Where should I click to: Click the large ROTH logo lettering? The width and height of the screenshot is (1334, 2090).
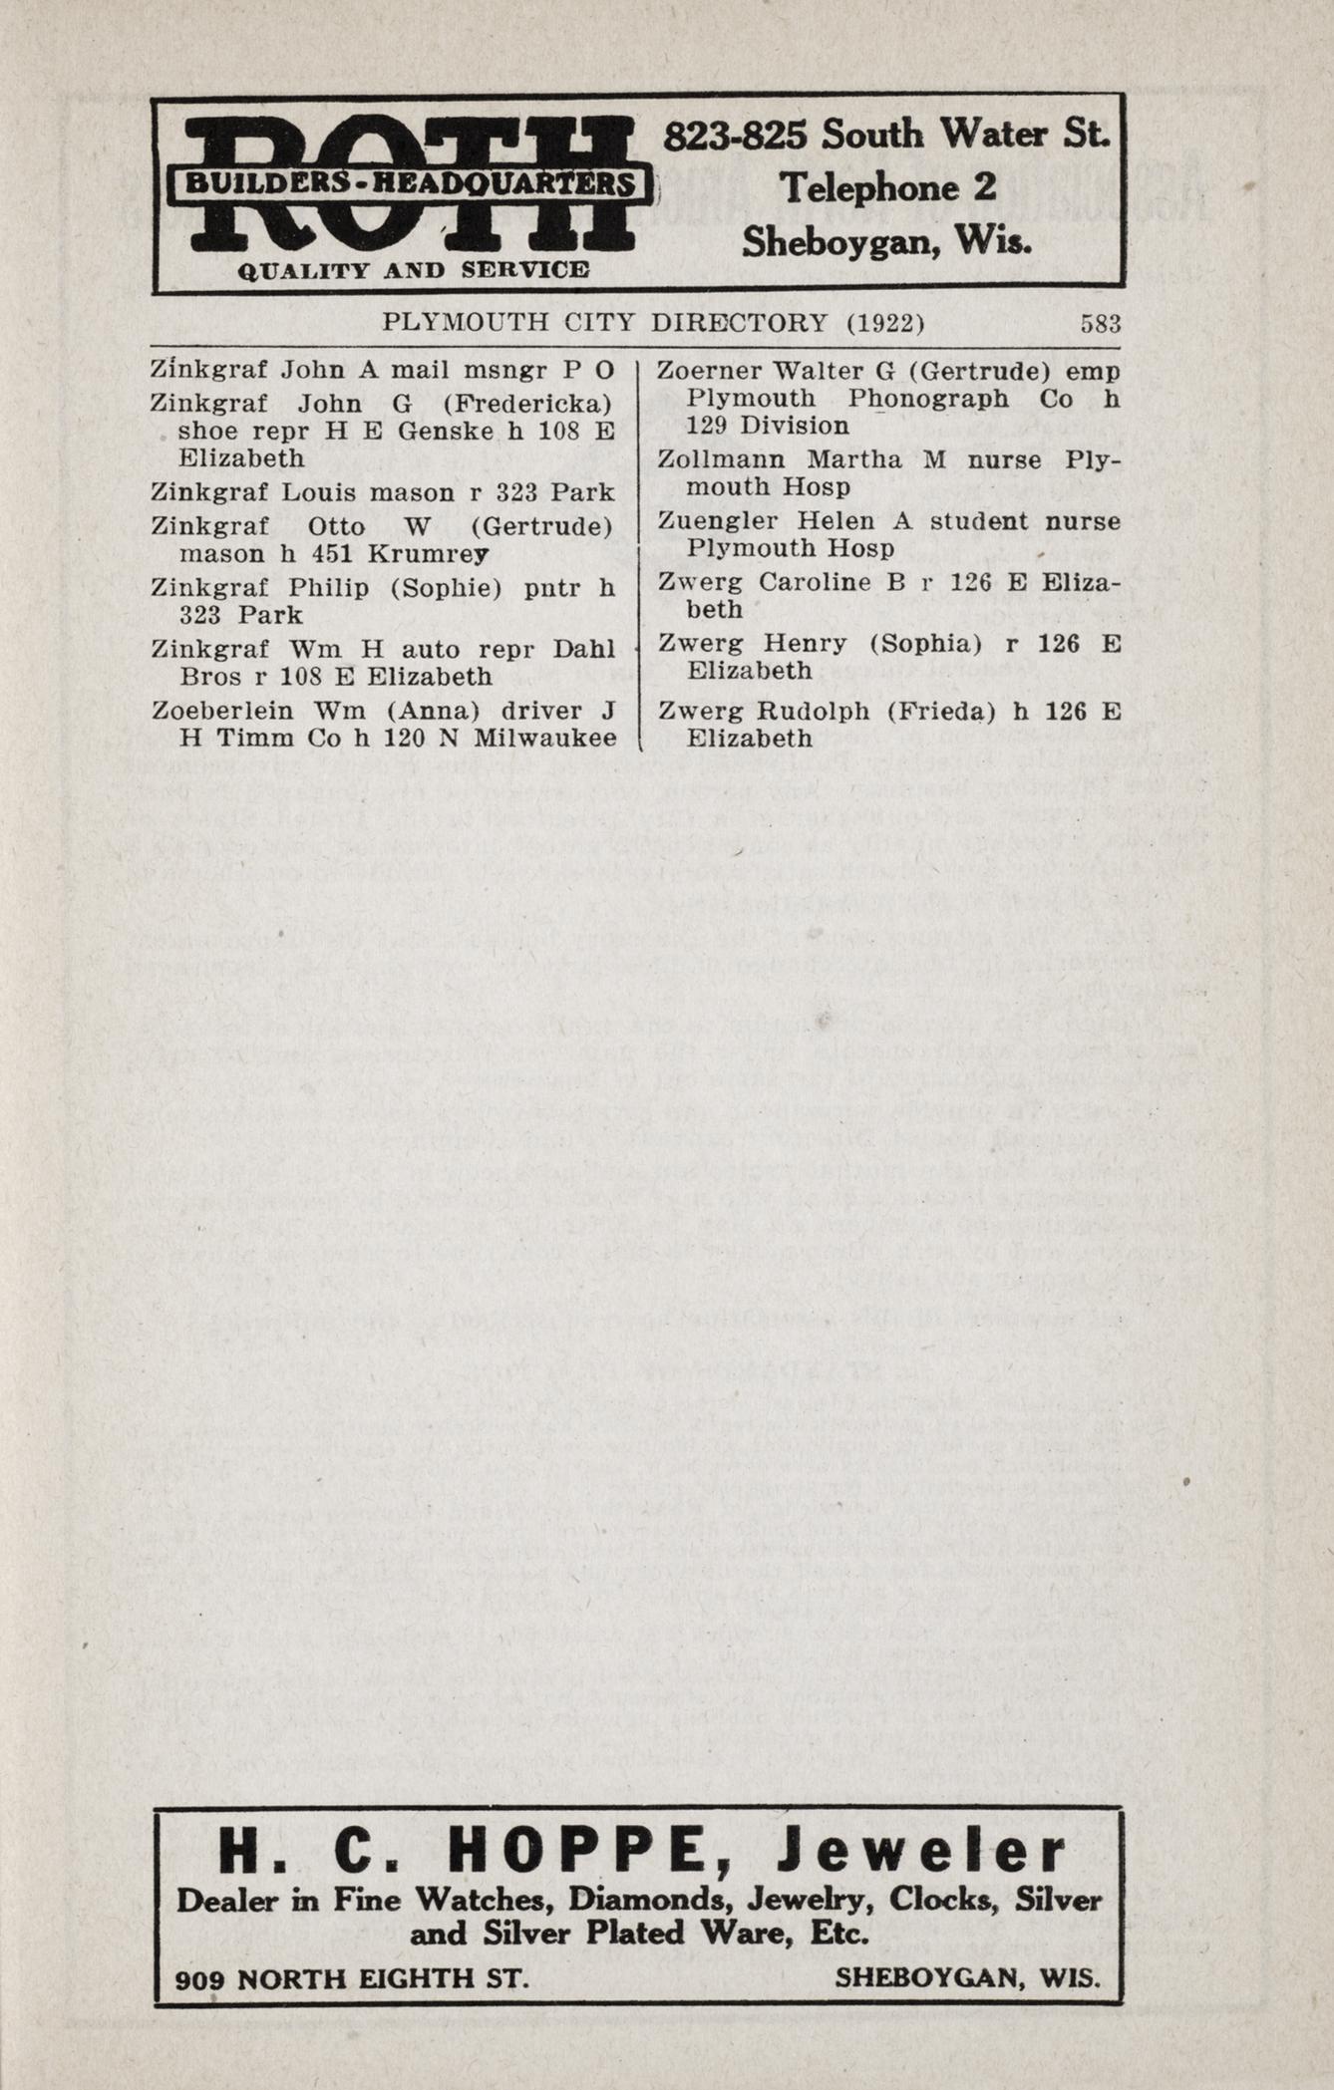tap(409, 184)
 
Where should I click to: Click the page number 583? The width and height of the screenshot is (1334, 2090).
tap(1101, 324)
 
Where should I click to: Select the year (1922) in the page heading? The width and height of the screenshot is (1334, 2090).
tap(885, 324)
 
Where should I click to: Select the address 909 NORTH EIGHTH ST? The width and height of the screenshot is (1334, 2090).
tap(351, 1978)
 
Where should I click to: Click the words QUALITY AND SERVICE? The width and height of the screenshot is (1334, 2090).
tap(413, 270)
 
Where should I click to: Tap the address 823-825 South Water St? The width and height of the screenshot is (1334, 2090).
tap(886, 134)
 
